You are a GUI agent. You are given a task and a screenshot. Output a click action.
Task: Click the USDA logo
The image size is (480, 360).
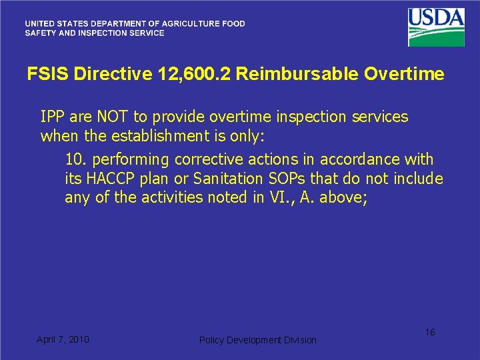point(437,27)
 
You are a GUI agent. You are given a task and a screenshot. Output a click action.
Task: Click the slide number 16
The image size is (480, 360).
point(430,332)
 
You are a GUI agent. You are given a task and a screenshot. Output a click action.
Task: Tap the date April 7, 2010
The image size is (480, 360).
point(63,339)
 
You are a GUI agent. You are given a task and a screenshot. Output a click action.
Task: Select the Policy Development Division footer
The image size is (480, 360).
point(258,340)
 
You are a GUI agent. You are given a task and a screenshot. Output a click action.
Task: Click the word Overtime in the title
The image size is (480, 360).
point(404,74)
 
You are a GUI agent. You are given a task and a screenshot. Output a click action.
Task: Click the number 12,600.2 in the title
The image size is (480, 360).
point(194,74)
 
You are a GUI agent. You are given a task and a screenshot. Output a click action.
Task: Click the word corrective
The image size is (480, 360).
point(210,160)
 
